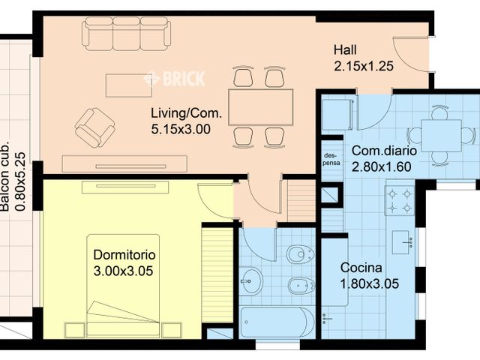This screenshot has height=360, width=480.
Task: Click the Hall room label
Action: [345, 50]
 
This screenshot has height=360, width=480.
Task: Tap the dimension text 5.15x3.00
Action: [181, 129]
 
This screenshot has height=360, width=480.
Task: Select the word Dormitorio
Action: [124, 255]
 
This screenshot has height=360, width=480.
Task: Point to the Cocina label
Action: [361, 268]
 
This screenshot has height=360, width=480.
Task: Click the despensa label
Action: [331, 159]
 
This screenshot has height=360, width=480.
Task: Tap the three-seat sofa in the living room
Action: [127, 34]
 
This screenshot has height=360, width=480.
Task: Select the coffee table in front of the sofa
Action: [129, 85]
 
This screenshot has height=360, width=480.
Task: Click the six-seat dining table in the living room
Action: [260, 107]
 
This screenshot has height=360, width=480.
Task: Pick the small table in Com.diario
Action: [441, 136]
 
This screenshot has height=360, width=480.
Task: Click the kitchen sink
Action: [401, 242]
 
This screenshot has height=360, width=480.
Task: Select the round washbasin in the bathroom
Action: [250, 281]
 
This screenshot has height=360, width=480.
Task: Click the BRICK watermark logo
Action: [174, 79]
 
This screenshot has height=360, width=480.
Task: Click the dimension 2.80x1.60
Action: [381, 166]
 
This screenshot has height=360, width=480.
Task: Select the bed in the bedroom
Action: [123, 286]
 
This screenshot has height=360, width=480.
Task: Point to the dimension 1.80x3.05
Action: [370, 283]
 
